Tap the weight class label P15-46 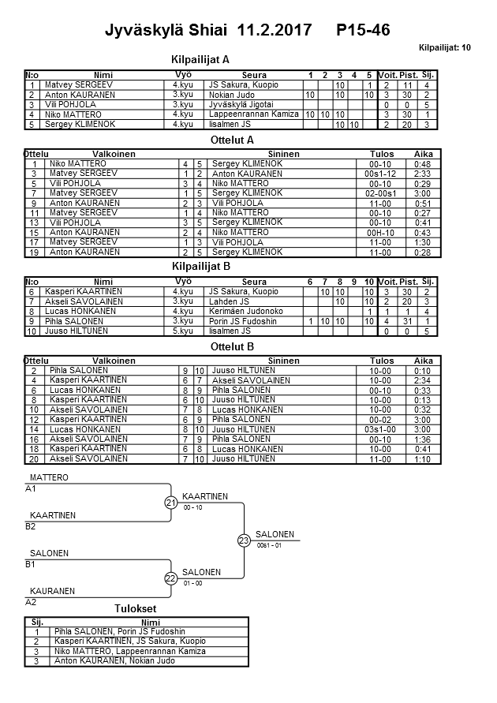point(362,30)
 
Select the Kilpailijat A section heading point(200,59)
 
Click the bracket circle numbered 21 point(170,503)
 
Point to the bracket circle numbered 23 point(244,540)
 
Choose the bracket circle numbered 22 point(170,578)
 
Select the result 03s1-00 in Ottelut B point(379,429)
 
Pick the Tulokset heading point(136,608)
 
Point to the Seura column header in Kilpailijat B point(254,282)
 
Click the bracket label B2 point(31,525)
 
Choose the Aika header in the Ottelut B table point(424,361)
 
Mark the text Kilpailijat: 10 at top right point(445,48)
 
